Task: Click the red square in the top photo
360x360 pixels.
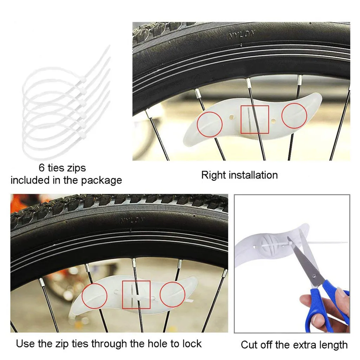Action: pos(255,120)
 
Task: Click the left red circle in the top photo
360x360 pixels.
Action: pos(210,124)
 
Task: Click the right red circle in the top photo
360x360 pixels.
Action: pos(295,116)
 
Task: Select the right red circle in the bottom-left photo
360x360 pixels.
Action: pos(173,294)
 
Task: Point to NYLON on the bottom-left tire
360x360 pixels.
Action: pos(132,221)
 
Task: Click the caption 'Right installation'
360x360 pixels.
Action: pos(239,175)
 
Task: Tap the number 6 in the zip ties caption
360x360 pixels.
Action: pos(41,168)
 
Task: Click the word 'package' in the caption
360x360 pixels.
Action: pos(102,180)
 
